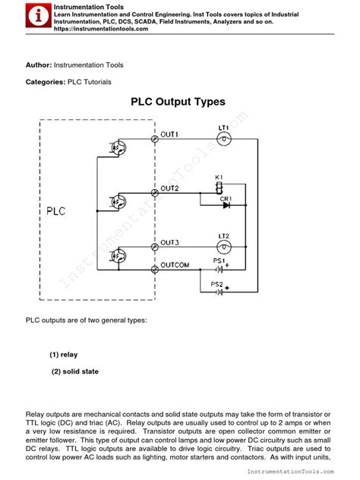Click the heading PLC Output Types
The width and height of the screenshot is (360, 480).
(x=178, y=101)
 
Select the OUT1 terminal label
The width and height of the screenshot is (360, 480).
(x=169, y=134)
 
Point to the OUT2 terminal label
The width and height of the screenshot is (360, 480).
(x=169, y=188)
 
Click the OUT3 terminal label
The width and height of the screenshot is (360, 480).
(x=169, y=242)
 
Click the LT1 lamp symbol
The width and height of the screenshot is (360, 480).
(x=224, y=141)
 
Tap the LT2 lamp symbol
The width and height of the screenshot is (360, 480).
(x=224, y=248)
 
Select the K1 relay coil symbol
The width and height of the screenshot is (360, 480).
(x=219, y=187)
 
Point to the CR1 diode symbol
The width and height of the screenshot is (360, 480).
(x=226, y=204)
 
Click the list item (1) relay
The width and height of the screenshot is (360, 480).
(x=64, y=355)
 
